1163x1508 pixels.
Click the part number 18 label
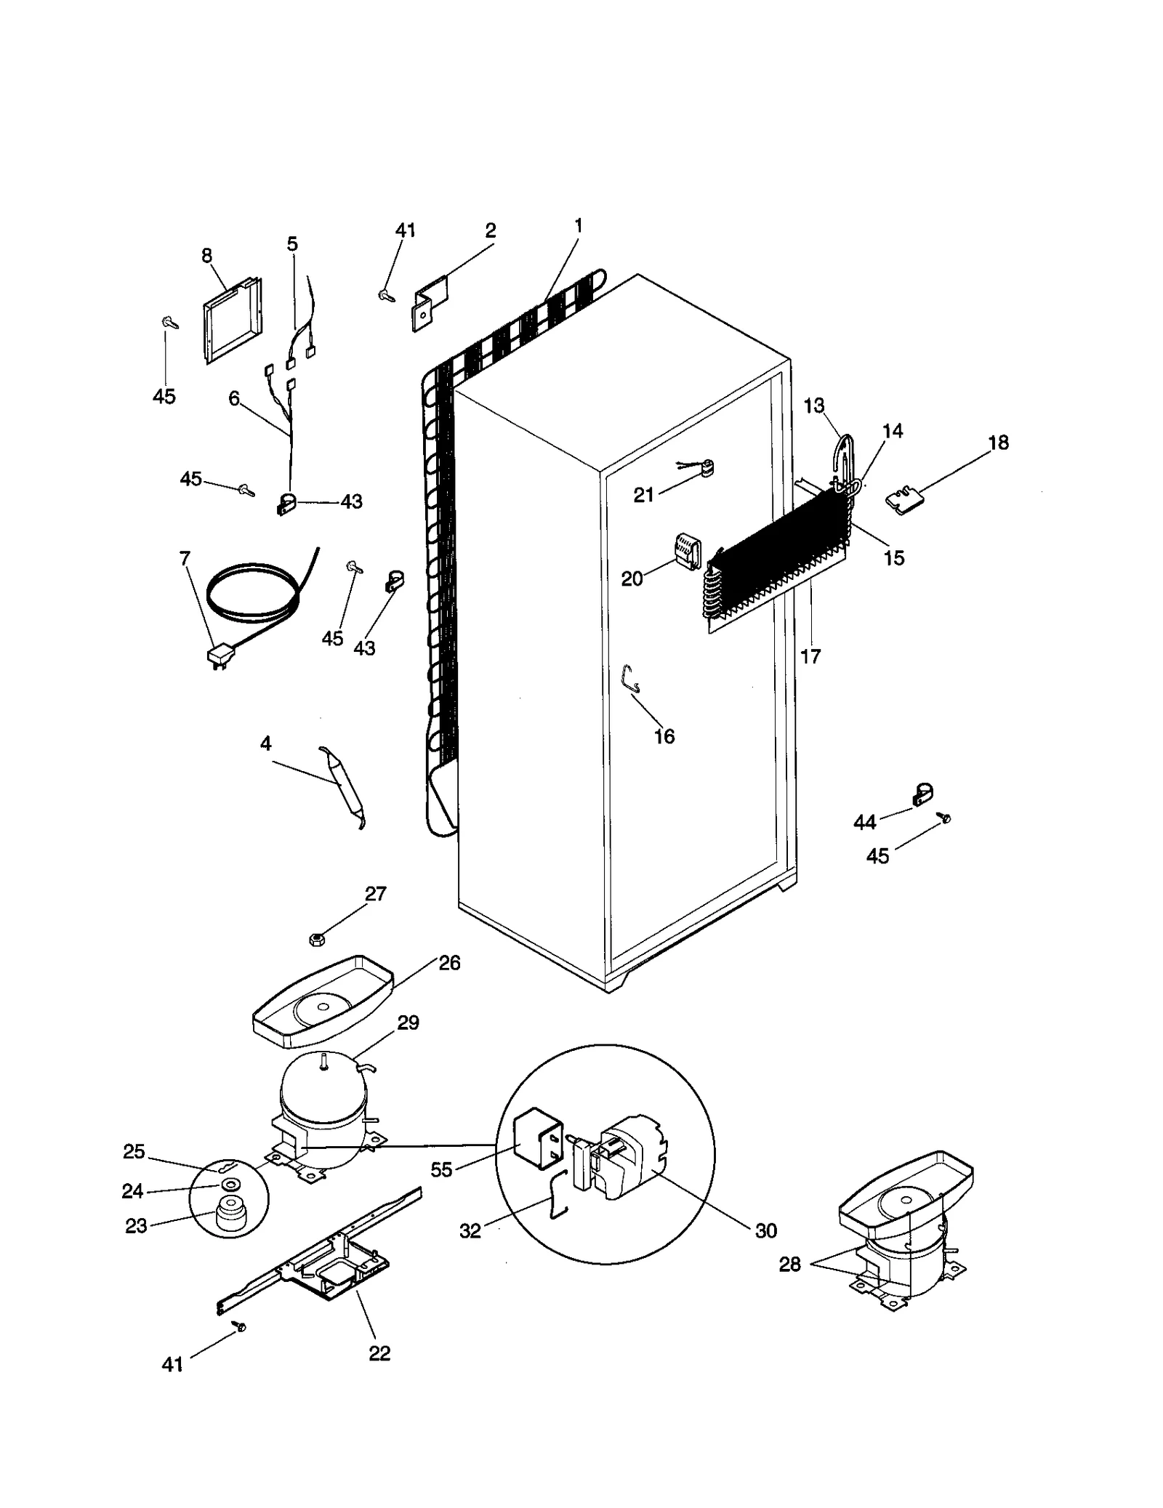(x=998, y=443)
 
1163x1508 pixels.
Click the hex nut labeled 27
(x=316, y=940)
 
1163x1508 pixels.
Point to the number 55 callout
(x=440, y=1169)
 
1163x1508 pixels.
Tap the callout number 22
(x=379, y=1352)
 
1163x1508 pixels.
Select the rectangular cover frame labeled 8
(x=231, y=320)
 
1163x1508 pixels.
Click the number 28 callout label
(x=789, y=1265)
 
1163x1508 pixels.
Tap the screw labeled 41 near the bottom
(x=239, y=1326)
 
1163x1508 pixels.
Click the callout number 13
(x=814, y=406)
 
